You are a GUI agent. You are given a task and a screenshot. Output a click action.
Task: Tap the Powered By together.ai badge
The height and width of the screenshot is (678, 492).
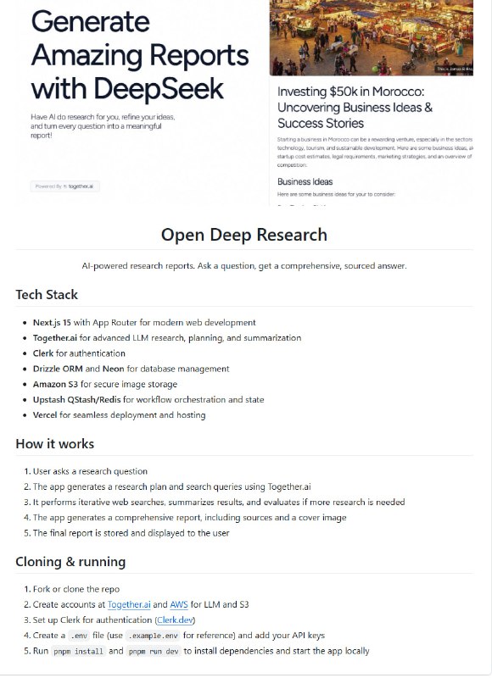pyautogui.click(x=65, y=186)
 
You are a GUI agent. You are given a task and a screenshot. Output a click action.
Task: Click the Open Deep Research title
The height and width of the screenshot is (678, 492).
pyautogui.click(x=244, y=235)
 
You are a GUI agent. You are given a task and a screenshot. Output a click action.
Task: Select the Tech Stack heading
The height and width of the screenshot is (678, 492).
pyautogui.click(x=47, y=295)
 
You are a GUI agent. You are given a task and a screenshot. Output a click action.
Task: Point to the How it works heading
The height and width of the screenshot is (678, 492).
pyautogui.click(x=55, y=443)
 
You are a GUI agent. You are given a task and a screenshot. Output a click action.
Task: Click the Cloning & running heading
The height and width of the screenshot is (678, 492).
pyautogui.click(x=70, y=561)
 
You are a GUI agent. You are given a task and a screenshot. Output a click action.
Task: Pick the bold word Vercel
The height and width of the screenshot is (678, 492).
pyautogui.click(x=49, y=414)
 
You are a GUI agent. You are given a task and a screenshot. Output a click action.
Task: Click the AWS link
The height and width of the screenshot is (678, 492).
pyautogui.click(x=179, y=604)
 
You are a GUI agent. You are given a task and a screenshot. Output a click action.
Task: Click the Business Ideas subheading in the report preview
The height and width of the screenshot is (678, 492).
pyautogui.click(x=305, y=181)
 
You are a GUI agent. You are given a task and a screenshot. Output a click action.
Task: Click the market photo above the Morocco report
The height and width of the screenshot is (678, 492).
pyautogui.click(x=371, y=38)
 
